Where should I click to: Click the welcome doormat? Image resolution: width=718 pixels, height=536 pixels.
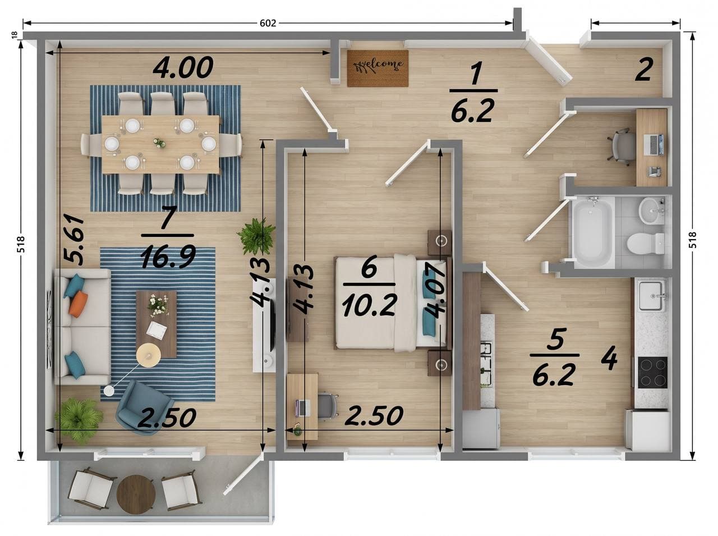point(378,68)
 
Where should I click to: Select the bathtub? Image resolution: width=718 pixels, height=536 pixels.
point(592,231)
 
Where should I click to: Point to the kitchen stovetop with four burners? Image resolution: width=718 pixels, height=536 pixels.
point(653,372)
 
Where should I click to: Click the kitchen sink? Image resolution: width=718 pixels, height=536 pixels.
point(652,296)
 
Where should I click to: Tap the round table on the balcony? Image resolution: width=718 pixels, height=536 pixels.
point(135,494)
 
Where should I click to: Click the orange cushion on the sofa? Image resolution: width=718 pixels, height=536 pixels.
point(78,304)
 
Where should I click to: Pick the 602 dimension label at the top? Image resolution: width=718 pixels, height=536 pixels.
point(268,23)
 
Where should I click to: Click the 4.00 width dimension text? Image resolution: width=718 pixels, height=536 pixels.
point(183,67)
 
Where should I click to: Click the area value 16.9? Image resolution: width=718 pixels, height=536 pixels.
point(168,256)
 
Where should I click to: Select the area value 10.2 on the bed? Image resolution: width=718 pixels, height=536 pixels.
point(370,305)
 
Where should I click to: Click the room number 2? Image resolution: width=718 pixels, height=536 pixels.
point(644,70)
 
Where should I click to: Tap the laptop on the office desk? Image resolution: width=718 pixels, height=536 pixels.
point(654,144)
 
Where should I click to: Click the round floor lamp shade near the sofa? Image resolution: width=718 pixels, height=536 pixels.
point(149,354)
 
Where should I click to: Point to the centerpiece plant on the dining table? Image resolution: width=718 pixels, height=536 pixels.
point(160,143)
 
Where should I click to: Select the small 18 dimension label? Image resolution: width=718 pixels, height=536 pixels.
point(14,35)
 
